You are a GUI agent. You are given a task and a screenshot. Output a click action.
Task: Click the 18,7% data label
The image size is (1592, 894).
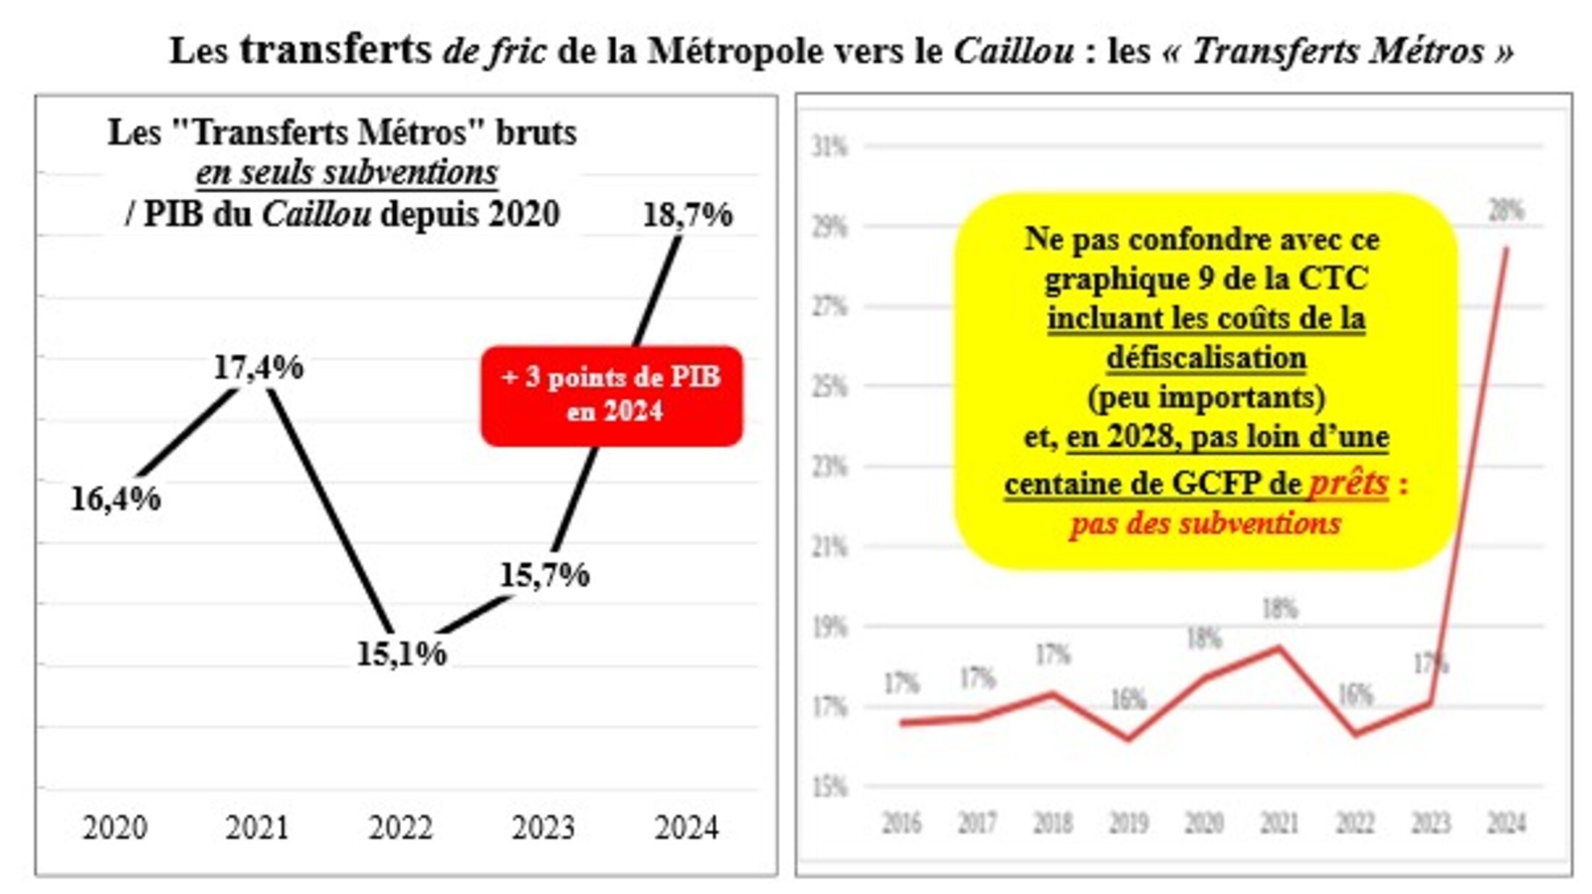pyautogui.click(x=687, y=215)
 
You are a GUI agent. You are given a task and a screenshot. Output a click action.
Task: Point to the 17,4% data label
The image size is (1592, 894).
pyautogui.click(x=258, y=367)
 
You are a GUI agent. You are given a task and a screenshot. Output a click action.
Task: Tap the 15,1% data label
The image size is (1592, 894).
pyautogui.click(x=402, y=653)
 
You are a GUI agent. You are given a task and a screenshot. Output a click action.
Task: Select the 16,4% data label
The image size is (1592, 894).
pyautogui.click(x=116, y=498)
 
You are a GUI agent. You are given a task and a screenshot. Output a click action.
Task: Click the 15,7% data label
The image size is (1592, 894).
pyautogui.click(x=545, y=575)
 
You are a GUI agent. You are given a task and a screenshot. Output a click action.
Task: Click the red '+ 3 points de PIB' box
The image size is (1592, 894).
pyautogui.click(x=611, y=395)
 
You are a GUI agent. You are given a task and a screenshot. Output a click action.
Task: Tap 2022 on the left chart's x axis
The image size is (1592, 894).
pyautogui.click(x=401, y=827)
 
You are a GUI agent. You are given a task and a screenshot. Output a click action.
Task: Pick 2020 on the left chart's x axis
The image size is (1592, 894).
pyautogui.click(x=115, y=827)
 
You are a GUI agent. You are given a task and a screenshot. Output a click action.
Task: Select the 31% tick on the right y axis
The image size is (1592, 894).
pyautogui.click(x=829, y=147)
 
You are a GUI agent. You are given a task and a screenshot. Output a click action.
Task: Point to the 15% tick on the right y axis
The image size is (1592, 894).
pyautogui.click(x=829, y=786)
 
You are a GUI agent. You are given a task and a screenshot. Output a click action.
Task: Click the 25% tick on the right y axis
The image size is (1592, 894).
pyautogui.click(x=829, y=387)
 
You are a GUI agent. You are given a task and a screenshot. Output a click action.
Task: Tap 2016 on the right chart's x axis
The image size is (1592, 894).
pyautogui.click(x=902, y=823)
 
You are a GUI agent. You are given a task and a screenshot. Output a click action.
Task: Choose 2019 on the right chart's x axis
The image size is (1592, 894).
pyautogui.click(x=1129, y=823)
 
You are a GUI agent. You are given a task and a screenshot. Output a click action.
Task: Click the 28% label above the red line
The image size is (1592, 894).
pyautogui.click(x=1506, y=210)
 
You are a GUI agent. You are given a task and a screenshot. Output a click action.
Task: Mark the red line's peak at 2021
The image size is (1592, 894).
pyautogui.click(x=1279, y=647)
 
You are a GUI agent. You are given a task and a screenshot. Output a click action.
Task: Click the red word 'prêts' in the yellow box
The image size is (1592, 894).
pyautogui.click(x=1349, y=483)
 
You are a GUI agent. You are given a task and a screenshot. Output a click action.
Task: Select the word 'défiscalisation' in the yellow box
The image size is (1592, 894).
pyautogui.click(x=1206, y=357)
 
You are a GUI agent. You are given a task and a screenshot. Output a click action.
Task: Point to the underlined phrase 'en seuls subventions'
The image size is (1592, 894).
pyautogui.click(x=347, y=173)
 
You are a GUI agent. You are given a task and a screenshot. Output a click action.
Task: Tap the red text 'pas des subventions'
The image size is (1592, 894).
pyautogui.click(x=1205, y=523)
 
